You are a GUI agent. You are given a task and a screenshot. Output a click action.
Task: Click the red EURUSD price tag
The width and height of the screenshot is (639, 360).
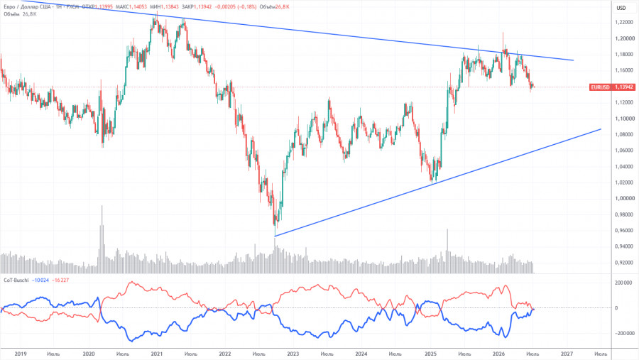coord(613,87)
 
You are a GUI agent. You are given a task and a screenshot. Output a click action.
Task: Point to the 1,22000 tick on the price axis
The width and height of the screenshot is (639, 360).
coord(625,23)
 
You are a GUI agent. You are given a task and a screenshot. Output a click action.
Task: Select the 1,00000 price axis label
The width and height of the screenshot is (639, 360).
coord(625,199)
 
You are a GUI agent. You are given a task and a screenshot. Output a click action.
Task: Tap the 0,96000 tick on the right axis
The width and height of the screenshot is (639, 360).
coord(625,230)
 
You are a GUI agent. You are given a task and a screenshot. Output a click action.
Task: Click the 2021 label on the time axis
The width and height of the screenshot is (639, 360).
coord(157,354)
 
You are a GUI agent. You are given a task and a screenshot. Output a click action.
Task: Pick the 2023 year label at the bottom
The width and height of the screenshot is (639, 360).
coord(293,354)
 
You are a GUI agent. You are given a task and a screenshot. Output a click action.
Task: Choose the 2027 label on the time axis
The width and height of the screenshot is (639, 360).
coord(567,354)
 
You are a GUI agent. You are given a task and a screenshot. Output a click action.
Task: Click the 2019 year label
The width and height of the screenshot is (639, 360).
coord(21,354)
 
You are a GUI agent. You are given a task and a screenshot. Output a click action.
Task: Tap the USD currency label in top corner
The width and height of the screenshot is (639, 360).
coord(621,8)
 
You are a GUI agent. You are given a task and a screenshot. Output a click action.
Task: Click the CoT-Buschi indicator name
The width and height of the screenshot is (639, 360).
coord(16,280)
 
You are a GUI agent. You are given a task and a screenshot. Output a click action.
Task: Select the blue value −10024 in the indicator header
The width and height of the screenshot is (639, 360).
coord(40,280)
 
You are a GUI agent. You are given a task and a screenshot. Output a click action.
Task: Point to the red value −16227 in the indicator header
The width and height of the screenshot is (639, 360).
coord(61,280)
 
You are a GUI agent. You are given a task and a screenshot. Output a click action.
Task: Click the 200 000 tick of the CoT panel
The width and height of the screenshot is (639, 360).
coord(623,283)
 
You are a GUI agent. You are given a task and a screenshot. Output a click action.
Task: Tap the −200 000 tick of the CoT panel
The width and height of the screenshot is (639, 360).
coord(622,333)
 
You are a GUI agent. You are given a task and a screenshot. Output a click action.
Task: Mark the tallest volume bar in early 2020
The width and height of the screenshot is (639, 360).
coord(102,239)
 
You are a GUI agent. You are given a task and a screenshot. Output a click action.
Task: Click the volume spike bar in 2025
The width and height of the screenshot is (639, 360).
coord(447,251)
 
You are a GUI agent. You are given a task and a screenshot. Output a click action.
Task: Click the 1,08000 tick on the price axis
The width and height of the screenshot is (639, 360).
coord(625,134)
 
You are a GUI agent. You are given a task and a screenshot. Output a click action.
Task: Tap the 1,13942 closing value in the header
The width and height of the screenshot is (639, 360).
coord(202,7)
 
